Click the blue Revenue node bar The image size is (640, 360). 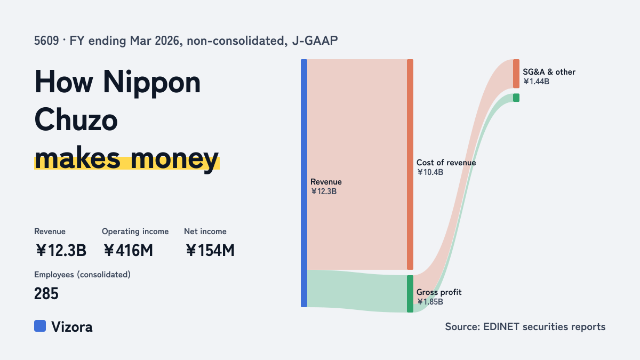pyautogui.click(x=304, y=183)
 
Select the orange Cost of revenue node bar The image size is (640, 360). pyautogui.click(x=410, y=164)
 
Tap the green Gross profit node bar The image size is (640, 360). pyautogui.click(x=410, y=294)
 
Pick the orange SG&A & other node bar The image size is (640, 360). pyautogui.click(x=516, y=74)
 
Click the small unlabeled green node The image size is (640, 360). pyautogui.click(x=516, y=98)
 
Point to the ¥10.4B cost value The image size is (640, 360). pyautogui.click(x=430, y=172)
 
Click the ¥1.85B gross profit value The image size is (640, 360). pyautogui.click(x=430, y=302)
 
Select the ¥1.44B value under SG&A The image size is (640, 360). pyautogui.click(x=537, y=82)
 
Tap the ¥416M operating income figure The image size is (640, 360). pyautogui.click(x=128, y=250)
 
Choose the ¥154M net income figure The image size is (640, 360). pyautogui.click(x=210, y=250)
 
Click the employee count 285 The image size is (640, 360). pyautogui.click(x=46, y=293)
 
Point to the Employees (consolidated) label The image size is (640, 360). pyautogui.click(x=82, y=275)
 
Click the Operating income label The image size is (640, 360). pyautogui.click(x=135, y=231)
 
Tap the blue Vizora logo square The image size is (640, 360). pyautogui.click(x=40, y=326)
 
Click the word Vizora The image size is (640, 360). pyautogui.click(x=72, y=327)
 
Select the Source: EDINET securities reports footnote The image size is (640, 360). pyautogui.click(x=525, y=326)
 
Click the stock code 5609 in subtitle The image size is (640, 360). pyautogui.click(x=46, y=41)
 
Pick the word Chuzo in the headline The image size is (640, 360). pyautogui.click(x=76, y=119)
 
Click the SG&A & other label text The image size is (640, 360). pyautogui.click(x=549, y=72)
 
